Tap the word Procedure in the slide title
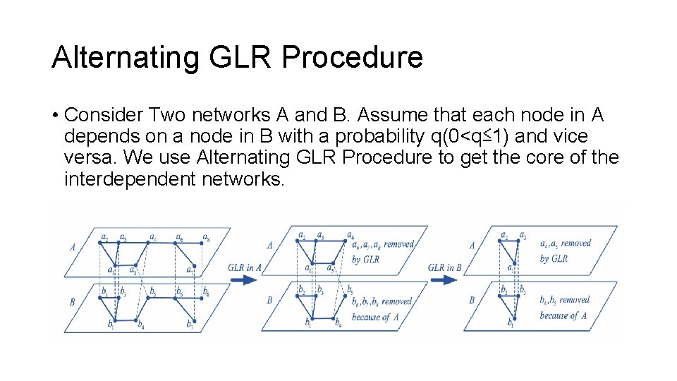[352, 57]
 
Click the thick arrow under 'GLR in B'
[446, 279]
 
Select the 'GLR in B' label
[446, 267]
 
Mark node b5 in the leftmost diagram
[152, 298]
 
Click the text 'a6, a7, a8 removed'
[384, 244]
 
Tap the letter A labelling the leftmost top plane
[73, 247]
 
